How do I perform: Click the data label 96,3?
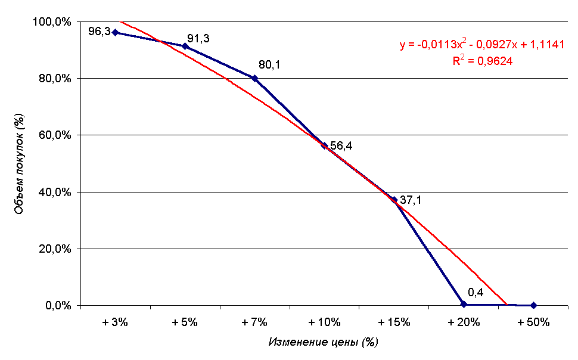pos(99,31)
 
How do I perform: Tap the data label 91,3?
pos(198,39)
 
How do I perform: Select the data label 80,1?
pos(269,64)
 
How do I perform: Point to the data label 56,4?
pos(341,146)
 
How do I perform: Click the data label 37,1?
pos(411,201)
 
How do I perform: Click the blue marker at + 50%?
pos(533,305)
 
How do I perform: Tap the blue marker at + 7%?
pos(254,78)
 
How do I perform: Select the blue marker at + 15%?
pos(394,200)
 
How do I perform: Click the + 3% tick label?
pos(115,322)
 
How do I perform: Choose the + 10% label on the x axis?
pos(324,322)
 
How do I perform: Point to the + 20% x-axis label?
pos(464,322)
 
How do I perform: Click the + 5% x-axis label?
pos(185,322)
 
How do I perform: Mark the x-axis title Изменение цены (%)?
pos(324,342)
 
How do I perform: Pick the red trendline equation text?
pos(482,45)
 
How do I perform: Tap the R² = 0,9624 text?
pos(483,61)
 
